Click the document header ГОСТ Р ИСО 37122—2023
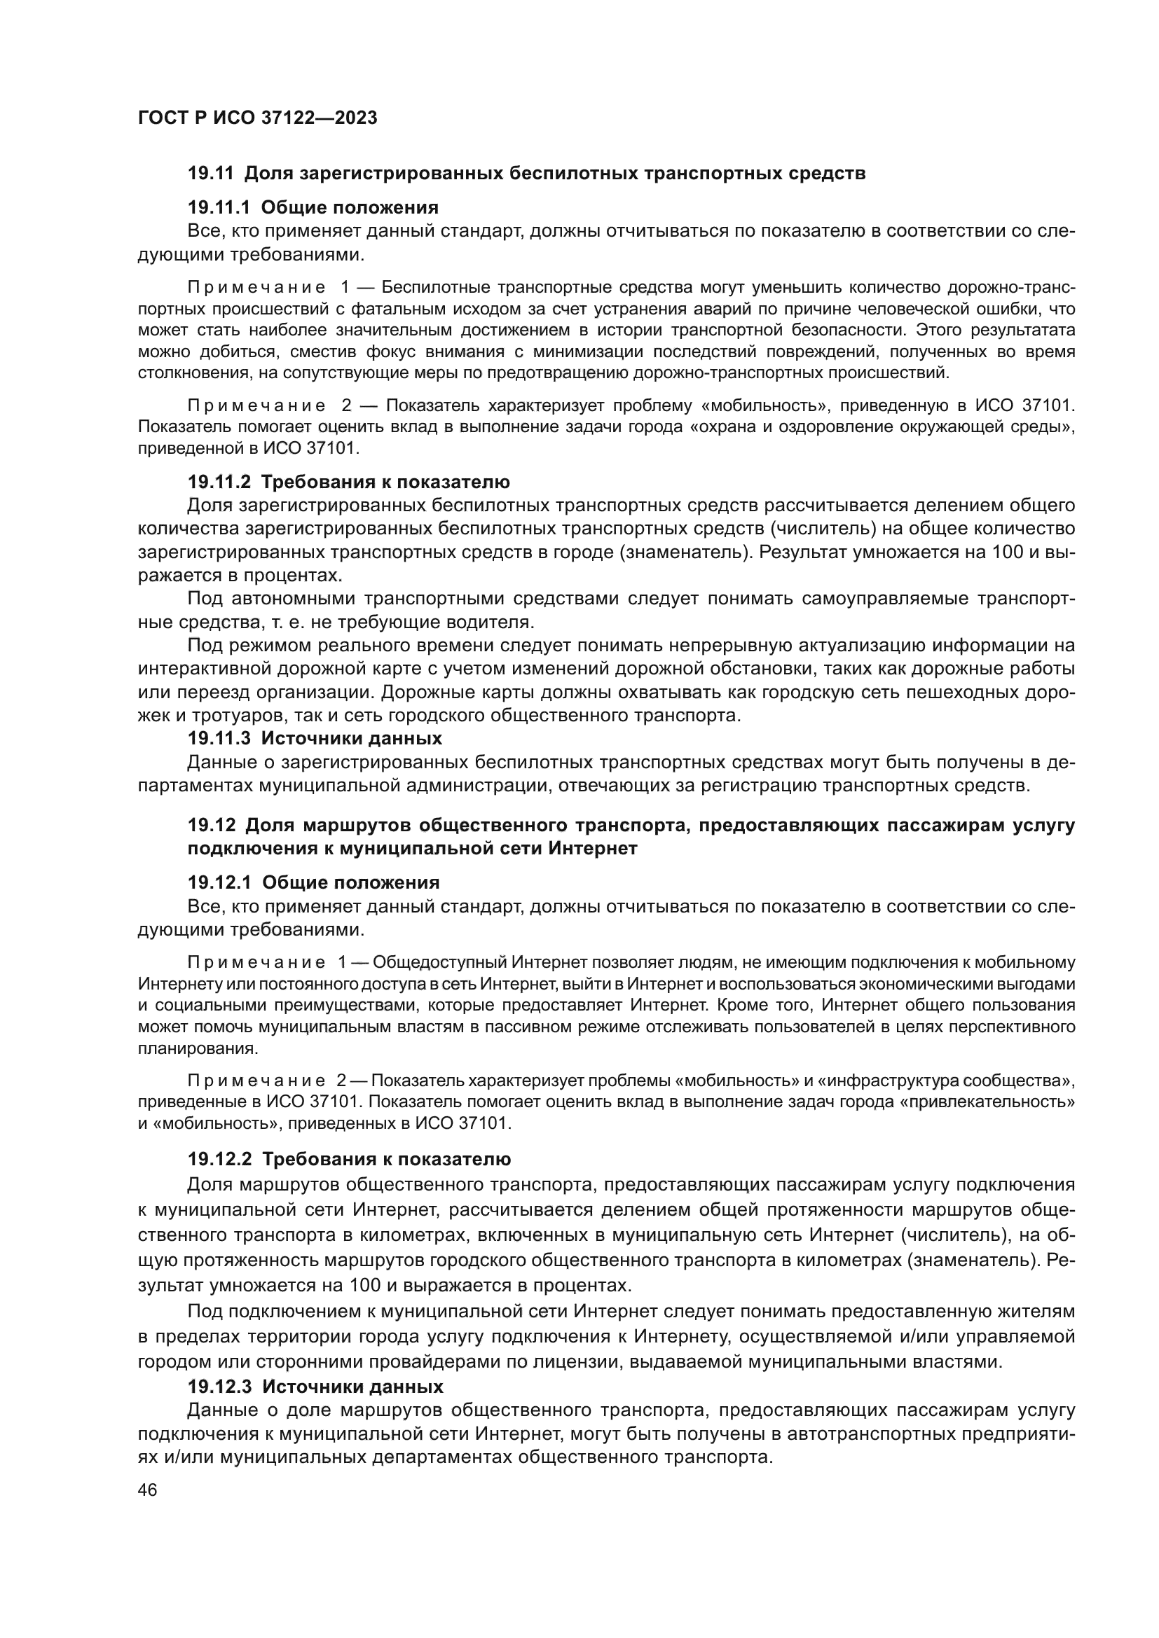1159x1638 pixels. [257, 118]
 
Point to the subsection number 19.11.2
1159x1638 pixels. [219, 482]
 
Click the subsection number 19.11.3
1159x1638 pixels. [219, 737]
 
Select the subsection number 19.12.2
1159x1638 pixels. [220, 1158]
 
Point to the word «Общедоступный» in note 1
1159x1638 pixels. [439, 962]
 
